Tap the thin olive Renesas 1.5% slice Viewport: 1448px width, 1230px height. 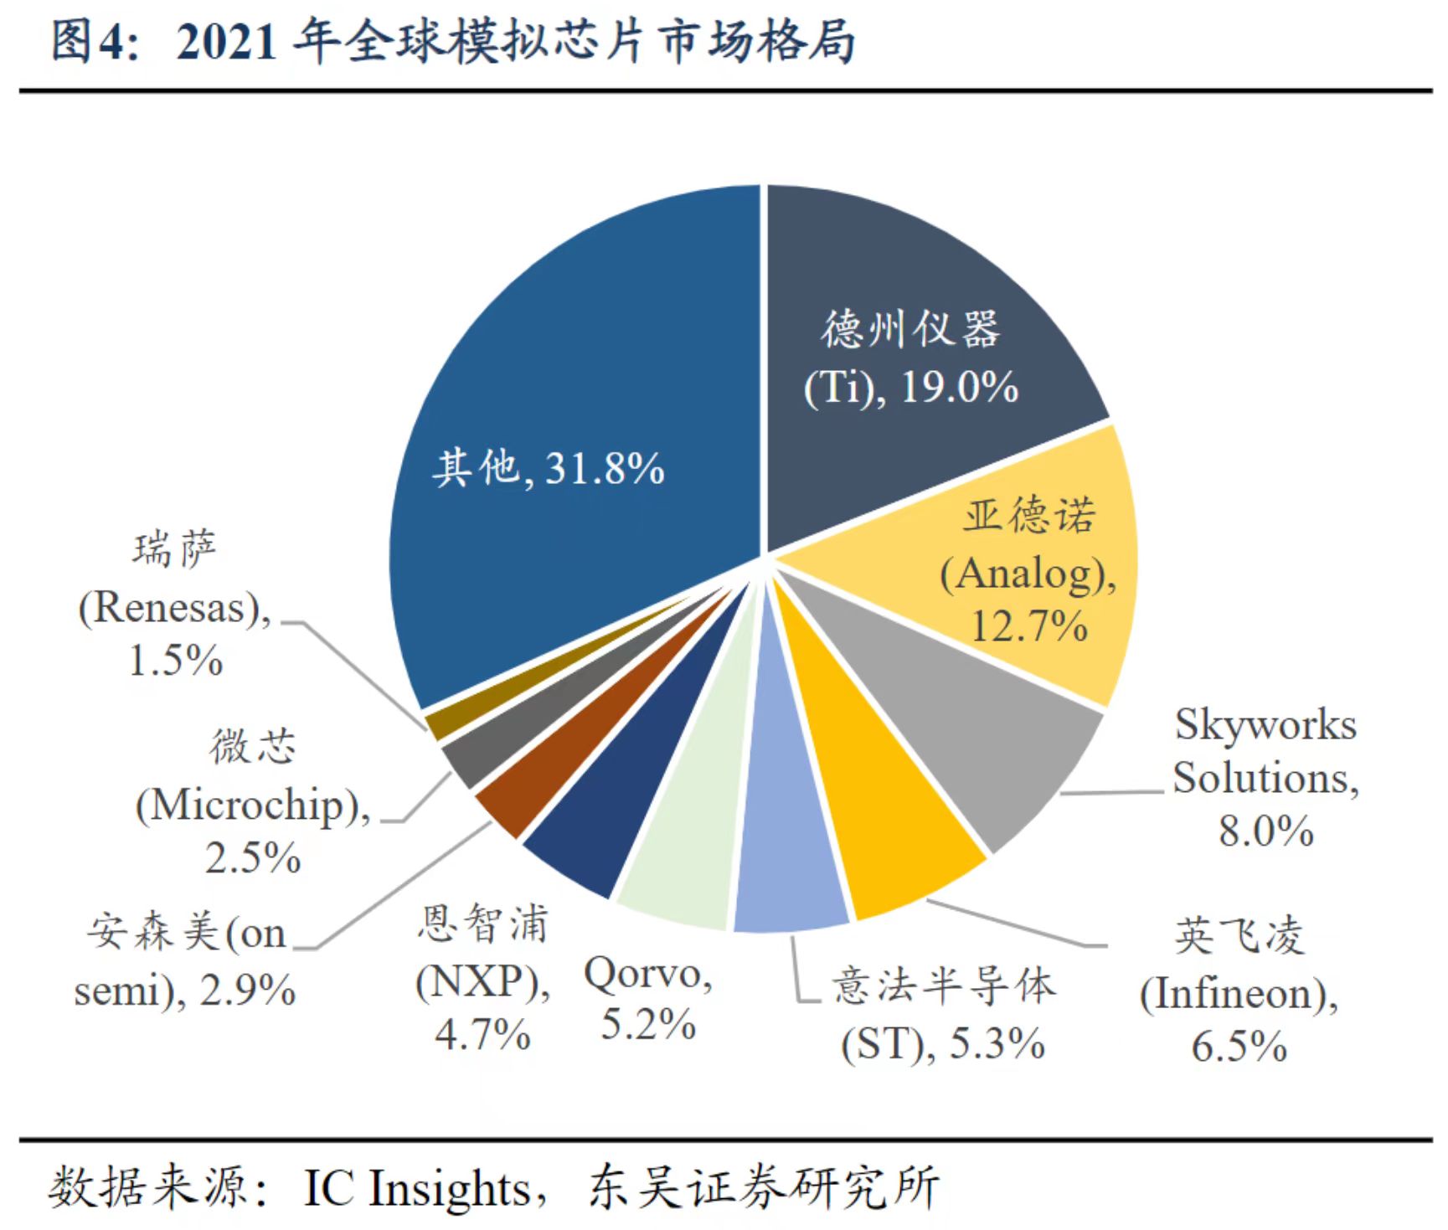[444, 723]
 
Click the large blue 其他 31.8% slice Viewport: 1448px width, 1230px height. [569, 377]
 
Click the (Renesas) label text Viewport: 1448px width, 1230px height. [175, 607]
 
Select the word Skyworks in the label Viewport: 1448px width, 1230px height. [1265, 724]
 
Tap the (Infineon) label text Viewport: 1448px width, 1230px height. [1238, 994]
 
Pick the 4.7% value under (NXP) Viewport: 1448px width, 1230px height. [482, 1035]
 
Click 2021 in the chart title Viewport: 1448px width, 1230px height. [226, 41]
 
